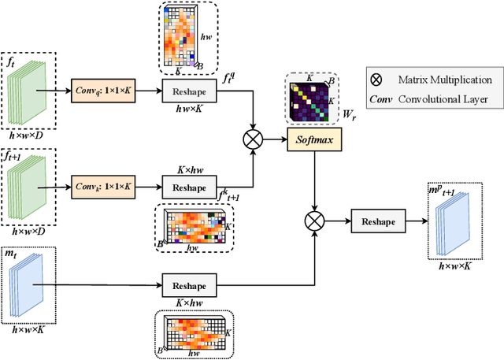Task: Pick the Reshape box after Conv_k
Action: point(190,188)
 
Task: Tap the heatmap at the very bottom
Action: point(194,335)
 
